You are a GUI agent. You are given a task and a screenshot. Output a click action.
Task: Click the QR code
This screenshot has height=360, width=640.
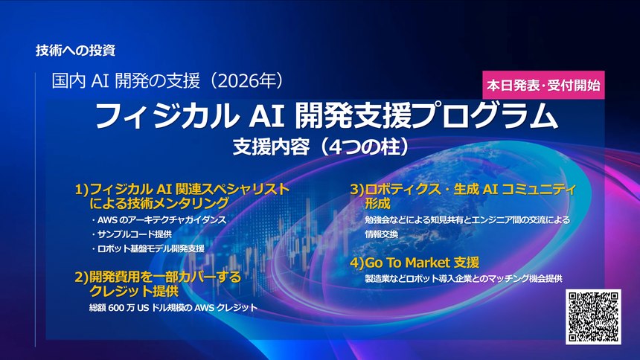[595, 318]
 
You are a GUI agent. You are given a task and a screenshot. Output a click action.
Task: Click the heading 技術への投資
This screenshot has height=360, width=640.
[75, 51]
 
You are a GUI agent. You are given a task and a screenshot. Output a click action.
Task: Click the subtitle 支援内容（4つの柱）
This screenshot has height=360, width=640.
[319, 146]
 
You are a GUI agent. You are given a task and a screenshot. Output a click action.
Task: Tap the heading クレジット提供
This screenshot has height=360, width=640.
[134, 291]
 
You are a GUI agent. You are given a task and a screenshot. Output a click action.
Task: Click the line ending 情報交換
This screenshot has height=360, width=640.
[382, 234]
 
